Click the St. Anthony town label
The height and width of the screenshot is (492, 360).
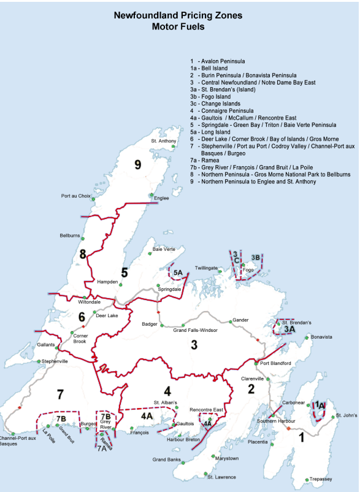click(163, 141)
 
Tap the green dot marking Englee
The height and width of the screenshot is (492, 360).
click(151, 196)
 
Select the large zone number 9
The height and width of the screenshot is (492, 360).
click(138, 164)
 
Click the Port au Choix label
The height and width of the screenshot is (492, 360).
click(77, 196)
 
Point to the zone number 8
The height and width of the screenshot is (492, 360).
click(82, 253)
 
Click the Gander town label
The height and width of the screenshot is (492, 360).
click(239, 321)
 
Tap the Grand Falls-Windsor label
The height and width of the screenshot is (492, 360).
click(195, 331)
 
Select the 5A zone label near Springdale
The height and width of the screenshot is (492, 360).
click(178, 272)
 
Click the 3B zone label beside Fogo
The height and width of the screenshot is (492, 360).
click(256, 257)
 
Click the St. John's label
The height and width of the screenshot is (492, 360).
click(346, 416)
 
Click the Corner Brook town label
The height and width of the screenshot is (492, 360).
click(80, 339)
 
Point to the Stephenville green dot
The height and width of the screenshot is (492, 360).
click(39, 361)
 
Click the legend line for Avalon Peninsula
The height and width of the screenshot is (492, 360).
click(218, 61)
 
